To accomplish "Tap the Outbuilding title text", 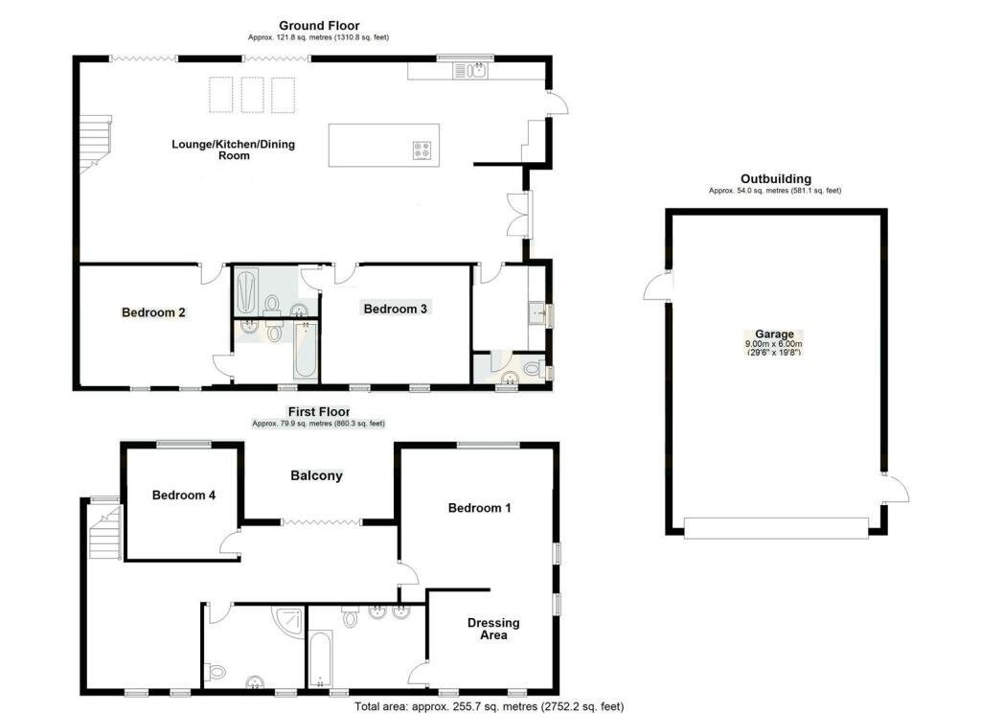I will (x=775, y=179).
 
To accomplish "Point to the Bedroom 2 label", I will (x=153, y=312).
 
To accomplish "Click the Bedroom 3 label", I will (x=395, y=309).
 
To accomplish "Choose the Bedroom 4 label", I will (x=184, y=495).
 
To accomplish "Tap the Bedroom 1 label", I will (x=479, y=508).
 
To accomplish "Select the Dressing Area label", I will (x=493, y=629).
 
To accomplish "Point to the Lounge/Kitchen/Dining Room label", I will (x=233, y=150).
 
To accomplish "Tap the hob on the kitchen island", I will (x=422, y=150).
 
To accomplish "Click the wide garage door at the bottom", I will (x=776, y=528).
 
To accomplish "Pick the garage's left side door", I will (x=658, y=286).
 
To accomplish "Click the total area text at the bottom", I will (x=489, y=706).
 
